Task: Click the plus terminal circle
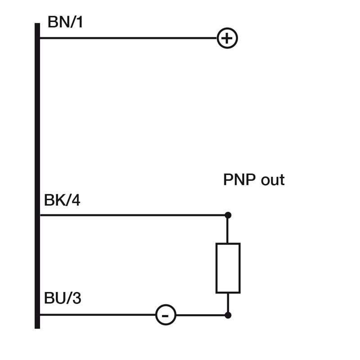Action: (227, 38)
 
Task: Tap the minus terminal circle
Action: (166, 315)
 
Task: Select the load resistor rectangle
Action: (228, 268)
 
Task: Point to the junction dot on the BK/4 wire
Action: (228, 215)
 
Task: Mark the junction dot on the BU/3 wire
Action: (228, 315)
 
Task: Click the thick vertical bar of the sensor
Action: (37, 175)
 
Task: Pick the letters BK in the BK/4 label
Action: (54, 200)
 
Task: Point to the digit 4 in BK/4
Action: (76, 200)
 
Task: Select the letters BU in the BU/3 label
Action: (54, 298)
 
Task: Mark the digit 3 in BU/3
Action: (76, 298)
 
